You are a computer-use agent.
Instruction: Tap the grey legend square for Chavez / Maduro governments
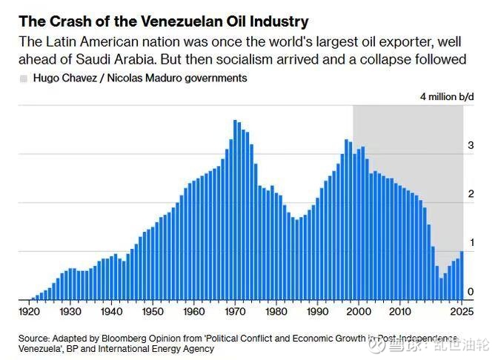(x=24, y=78)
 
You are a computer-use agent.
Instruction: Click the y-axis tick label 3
(x=470, y=146)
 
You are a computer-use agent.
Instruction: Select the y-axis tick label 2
(x=470, y=194)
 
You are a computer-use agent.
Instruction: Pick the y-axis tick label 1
(x=470, y=243)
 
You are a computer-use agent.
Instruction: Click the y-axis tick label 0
(x=470, y=292)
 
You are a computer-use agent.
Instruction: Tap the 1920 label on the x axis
(x=30, y=313)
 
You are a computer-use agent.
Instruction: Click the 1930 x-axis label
(x=70, y=313)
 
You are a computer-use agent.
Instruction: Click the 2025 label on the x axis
(x=462, y=313)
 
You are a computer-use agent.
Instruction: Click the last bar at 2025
(x=462, y=275)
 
